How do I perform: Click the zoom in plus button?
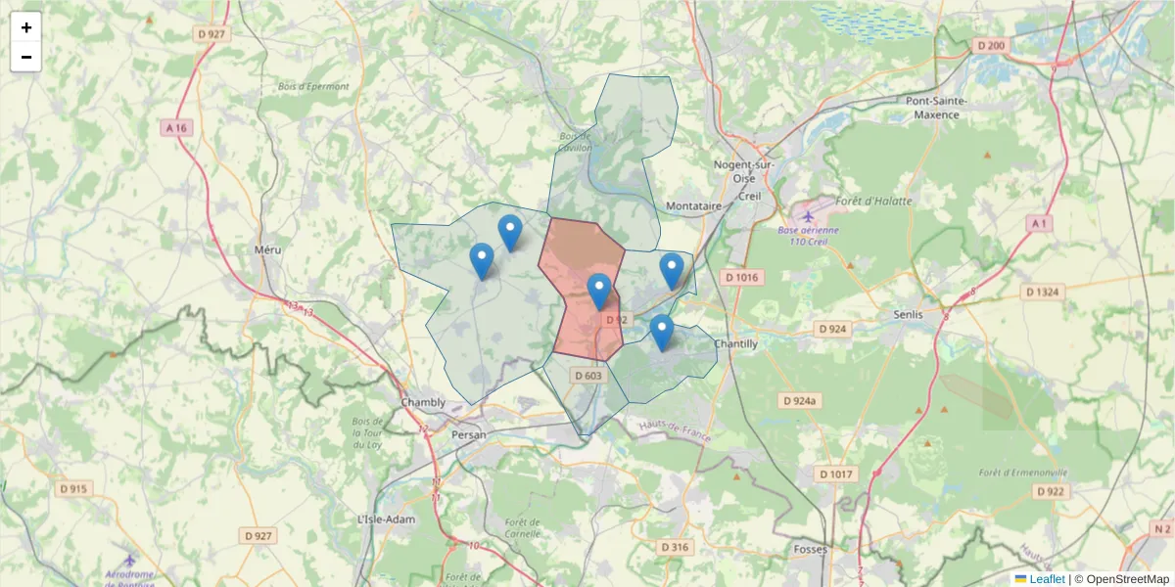tap(26, 27)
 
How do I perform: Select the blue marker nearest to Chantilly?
tap(662, 333)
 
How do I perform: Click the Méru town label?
tap(267, 249)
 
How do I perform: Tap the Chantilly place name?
tap(735, 343)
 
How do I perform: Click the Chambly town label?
tap(423, 402)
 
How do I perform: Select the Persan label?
tap(469, 431)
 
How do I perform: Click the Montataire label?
tap(693, 206)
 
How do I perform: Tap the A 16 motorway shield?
tap(175, 128)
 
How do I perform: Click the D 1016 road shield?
tap(741, 278)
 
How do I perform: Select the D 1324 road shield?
tap(1041, 292)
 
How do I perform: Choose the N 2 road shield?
tap(1161, 529)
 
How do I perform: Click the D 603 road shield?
tap(589, 376)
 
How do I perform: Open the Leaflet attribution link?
tap(1046, 579)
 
